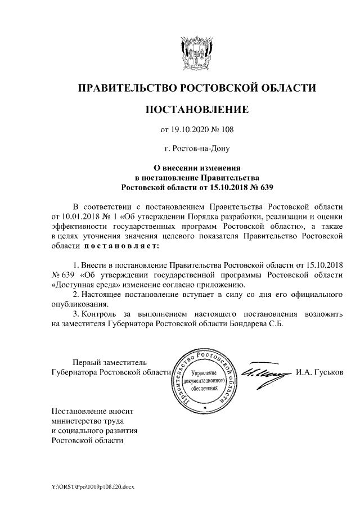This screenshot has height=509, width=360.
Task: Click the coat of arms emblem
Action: [196, 53]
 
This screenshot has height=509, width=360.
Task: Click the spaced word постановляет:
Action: [121, 246]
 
